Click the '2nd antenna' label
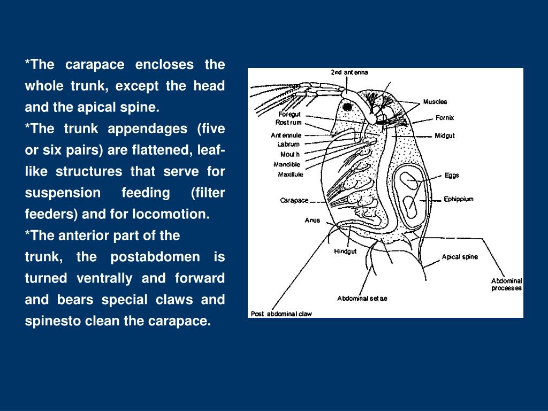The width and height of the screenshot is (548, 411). pyautogui.click(x=349, y=72)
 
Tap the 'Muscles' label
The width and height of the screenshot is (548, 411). pyautogui.click(x=435, y=102)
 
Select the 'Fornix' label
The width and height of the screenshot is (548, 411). pyautogui.click(x=444, y=118)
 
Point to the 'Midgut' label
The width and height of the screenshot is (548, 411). pyautogui.click(x=444, y=136)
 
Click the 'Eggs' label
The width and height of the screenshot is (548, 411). pyautogui.click(x=452, y=175)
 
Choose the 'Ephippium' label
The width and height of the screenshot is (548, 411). pyautogui.click(x=459, y=199)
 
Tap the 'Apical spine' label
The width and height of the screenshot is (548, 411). pyautogui.click(x=460, y=257)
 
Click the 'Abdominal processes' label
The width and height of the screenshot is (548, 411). pyautogui.click(x=506, y=285)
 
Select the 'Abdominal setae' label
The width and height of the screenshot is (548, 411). pyautogui.click(x=362, y=299)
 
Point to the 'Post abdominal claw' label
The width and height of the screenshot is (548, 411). pyautogui.click(x=281, y=314)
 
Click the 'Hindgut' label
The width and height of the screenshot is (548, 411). pyautogui.click(x=345, y=251)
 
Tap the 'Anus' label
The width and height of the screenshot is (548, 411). pyautogui.click(x=312, y=220)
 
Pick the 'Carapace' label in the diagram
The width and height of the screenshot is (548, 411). pyautogui.click(x=294, y=201)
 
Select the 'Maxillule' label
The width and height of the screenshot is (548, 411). pyautogui.click(x=291, y=174)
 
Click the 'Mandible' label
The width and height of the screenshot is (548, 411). pyautogui.click(x=287, y=164)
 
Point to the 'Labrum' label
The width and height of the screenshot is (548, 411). pyautogui.click(x=288, y=144)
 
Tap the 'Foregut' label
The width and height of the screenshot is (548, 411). pyautogui.click(x=290, y=114)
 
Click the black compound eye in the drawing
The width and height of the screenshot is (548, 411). pyautogui.click(x=348, y=107)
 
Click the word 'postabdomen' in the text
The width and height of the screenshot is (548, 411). pyautogui.click(x=149, y=257)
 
